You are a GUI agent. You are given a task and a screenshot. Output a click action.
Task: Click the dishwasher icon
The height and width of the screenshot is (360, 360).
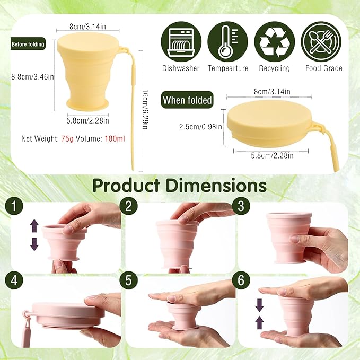(x=181, y=42)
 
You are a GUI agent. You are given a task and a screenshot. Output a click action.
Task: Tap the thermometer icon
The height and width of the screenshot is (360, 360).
(x=227, y=42)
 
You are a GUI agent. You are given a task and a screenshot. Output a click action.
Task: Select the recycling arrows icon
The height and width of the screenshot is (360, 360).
(x=274, y=42)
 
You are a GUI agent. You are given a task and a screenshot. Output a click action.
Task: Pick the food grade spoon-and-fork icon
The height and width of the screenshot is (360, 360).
(x=321, y=42)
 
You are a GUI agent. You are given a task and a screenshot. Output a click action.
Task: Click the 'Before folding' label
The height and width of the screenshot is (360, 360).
(x=28, y=44)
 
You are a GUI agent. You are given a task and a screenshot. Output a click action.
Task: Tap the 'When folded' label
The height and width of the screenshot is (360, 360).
(x=187, y=100)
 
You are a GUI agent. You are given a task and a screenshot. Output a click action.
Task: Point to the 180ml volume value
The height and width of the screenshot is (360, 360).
(x=115, y=139)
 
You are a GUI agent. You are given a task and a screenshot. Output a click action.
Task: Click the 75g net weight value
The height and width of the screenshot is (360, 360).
(x=67, y=139)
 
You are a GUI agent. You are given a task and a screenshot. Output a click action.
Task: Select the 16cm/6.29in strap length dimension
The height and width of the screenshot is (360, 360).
(x=145, y=109)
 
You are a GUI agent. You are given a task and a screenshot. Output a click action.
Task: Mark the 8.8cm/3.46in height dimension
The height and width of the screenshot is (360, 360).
(x=32, y=76)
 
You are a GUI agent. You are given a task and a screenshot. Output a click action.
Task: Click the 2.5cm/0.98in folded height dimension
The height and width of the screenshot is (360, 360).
(x=200, y=127)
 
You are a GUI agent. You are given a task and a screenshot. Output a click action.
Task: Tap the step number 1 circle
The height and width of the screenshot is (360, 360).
(x=14, y=206)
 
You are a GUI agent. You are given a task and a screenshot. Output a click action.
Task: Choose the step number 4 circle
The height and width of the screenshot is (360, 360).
(x=14, y=280)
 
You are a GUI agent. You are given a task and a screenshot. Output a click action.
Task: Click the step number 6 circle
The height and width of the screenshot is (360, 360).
(x=241, y=280)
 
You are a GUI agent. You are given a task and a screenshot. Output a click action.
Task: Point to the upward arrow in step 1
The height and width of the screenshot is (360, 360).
(x=34, y=226)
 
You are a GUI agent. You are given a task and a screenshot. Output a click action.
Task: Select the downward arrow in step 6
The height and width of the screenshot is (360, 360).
(x=259, y=305)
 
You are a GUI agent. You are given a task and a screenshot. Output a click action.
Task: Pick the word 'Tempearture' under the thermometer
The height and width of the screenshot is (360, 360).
(x=228, y=68)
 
